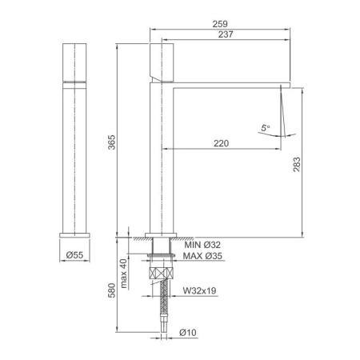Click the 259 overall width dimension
[x=220, y=24]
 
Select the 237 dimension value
[x=226, y=34]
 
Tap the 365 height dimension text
[x=112, y=142]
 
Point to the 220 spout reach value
[x=221, y=143]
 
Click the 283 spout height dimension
[x=297, y=164]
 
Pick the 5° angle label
[x=266, y=128]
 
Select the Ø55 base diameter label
[x=74, y=255]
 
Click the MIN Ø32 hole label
[x=202, y=245]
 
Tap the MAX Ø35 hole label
[x=202, y=256]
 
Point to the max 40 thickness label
[x=123, y=274]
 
